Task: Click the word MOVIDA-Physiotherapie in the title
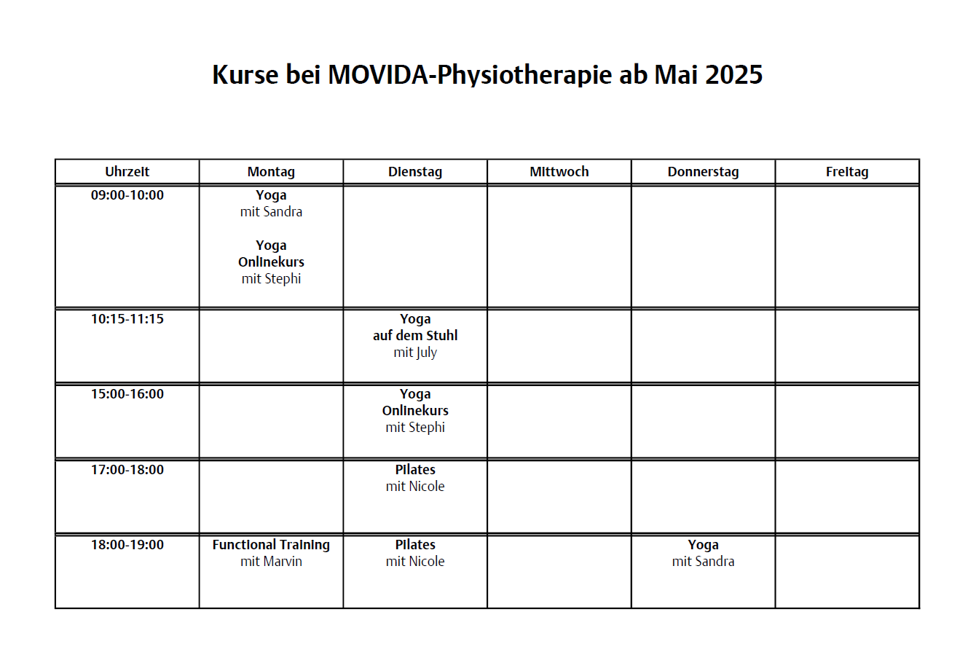[x=469, y=75]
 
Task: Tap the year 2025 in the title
[x=733, y=75]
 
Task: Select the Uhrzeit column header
[x=127, y=172]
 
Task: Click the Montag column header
[x=271, y=172]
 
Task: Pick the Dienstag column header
[x=415, y=172]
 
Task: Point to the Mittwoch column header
[x=559, y=172]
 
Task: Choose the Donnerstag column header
[x=703, y=172]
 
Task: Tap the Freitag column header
[x=847, y=172]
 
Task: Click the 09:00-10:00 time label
[x=127, y=195]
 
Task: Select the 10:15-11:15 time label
[x=127, y=319]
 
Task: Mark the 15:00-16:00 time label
[x=127, y=394]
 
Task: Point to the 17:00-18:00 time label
[x=127, y=470]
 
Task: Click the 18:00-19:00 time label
[x=127, y=545]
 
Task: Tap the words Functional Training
[x=271, y=545]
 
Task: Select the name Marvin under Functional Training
[x=282, y=562]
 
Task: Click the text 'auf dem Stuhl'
[x=415, y=336]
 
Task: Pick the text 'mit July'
[x=415, y=353]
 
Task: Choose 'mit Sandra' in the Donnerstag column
[x=703, y=562]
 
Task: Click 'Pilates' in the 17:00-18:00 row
[x=415, y=470]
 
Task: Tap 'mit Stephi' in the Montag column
[x=271, y=279]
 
